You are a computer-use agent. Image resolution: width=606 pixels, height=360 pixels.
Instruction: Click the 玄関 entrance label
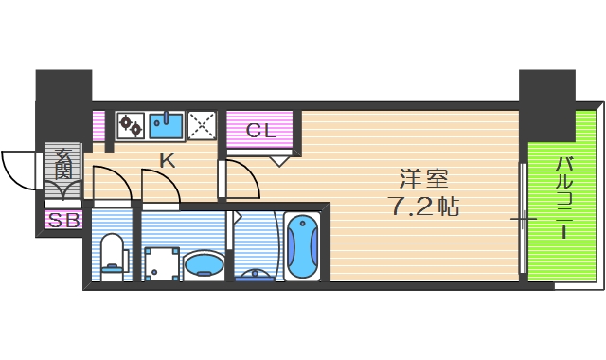pos(63,164)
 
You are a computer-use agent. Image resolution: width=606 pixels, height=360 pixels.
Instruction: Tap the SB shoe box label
pos(64,221)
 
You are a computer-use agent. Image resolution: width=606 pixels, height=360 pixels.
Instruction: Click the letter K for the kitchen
pos(167,160)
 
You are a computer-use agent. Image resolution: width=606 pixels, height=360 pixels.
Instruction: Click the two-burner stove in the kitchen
pos(131,125)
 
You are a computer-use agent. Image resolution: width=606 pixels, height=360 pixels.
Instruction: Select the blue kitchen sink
pos(166,125)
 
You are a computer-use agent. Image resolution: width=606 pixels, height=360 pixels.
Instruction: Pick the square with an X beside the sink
pos(202,125)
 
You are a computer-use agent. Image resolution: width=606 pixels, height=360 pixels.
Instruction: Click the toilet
pos(113,256)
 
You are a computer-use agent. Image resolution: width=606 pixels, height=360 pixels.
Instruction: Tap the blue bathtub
pos(303,246)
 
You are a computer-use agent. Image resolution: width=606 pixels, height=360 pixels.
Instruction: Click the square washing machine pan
pos(161,262)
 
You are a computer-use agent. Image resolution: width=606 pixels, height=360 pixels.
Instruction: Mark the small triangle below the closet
pos(278,160)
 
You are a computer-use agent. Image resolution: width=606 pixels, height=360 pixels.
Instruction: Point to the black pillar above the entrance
pos(63,104)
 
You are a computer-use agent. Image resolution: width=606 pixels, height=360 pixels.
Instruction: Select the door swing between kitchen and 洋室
pos(239,178)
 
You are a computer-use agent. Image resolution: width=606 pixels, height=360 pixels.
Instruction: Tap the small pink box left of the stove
pos(98,125)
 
